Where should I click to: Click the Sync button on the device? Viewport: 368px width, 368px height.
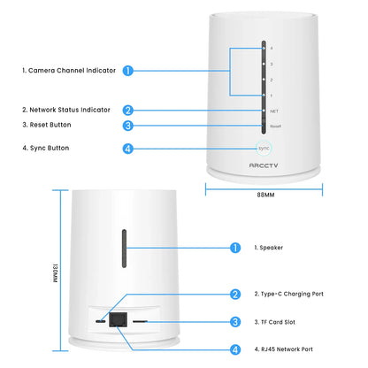(x=263, y=149)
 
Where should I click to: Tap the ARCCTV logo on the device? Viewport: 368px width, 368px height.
(x=263, y=165)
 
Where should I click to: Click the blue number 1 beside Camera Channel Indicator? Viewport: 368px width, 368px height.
(x=128, y=70)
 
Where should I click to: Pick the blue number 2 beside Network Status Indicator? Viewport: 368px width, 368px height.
(x=128, y=111)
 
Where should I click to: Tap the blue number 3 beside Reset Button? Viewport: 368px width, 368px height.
(x=128, y=126)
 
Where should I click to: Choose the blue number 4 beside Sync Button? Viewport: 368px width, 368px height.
(x=128, y=149)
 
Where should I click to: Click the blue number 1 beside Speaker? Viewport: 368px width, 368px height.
(x=235, y=249)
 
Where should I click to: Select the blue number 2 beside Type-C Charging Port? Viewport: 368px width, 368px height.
(x=235, y=295)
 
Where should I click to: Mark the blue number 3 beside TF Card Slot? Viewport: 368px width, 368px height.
(x=235, y=322)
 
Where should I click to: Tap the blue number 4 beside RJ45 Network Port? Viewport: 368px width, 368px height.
(x=235, y=349)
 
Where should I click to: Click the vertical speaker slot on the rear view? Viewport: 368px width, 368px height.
(x=125, y=253)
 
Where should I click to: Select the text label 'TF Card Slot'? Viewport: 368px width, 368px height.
(x=277, y=322)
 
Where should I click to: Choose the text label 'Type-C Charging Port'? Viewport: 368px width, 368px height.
(x=289, y=295)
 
